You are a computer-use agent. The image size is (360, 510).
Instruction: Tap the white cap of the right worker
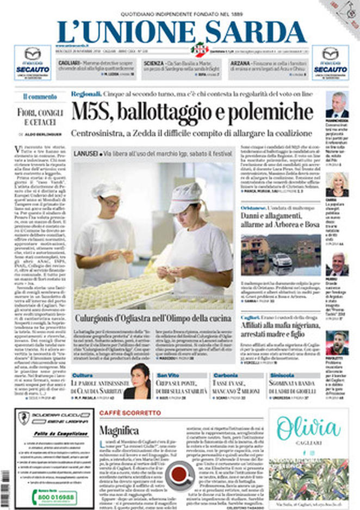point(185,197)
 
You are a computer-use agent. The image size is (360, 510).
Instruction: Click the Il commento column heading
point(40,96)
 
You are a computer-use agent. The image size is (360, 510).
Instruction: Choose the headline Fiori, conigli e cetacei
point(40,117)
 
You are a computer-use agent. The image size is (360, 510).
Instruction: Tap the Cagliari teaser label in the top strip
point(69,63)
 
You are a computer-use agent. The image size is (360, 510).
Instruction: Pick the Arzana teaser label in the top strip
point(239,63)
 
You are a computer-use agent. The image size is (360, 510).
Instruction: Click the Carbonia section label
point(225,376)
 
